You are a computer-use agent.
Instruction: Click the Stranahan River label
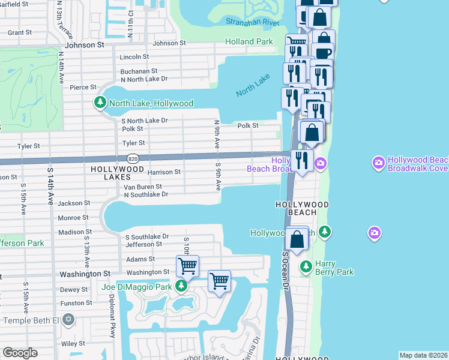253,22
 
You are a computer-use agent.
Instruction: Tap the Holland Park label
249,42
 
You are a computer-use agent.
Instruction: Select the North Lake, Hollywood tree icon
100,103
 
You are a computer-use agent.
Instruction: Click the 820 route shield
133,158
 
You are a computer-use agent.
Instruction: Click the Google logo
20,353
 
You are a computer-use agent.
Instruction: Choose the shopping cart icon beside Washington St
187,265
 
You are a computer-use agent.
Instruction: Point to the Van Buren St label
143,187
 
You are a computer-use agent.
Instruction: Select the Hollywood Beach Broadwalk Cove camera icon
378,162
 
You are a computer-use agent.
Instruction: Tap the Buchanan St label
139,71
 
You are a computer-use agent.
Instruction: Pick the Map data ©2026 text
423,355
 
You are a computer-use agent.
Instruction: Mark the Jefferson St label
143,244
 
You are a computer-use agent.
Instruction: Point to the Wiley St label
73,344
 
